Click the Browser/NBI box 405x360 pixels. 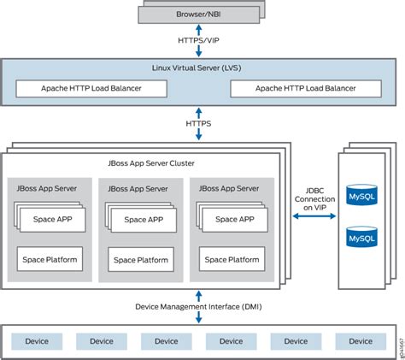tap(199, 15)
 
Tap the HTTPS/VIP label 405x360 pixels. tap(198, 40)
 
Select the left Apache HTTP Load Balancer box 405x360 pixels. tap(91, 88)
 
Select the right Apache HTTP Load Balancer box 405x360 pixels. tap(306, 88)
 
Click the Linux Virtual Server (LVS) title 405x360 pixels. tap(197, 68)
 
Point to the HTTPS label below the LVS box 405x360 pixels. tap(198, 124)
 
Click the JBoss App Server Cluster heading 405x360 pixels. tap(151, 163)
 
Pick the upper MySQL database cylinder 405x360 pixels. tap(361, 195)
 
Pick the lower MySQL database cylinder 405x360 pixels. tap(361, 237)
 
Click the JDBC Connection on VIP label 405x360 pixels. tap(314, 199)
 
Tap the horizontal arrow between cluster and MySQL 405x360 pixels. tap(314, 216)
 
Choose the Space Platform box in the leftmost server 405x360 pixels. tap(50, 259)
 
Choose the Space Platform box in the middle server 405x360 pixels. tap(141, 259)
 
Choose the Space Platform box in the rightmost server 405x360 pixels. tap(232, 259)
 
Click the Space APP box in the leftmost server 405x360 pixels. tap(53, 220)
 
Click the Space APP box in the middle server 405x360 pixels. tap(144, 220)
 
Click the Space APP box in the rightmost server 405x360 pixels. tap(235, 220)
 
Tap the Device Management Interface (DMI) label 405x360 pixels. tap(198, 307)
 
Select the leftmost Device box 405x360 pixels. tap(37, 341)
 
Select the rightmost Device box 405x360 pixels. tap(361, 341)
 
